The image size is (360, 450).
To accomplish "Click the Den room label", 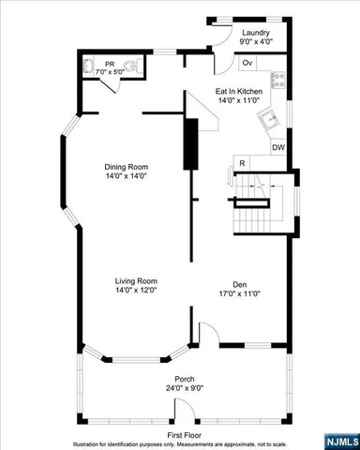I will (x=239, y=284).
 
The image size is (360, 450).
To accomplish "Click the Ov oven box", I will (x=247, y=63).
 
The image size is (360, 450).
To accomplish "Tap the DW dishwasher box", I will (x=278, y=147).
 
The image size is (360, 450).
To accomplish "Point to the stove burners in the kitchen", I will (x=277, y=80).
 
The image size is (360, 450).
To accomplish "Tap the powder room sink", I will (x=89, y=67).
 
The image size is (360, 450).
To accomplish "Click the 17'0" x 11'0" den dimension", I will (x=239, y=294).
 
